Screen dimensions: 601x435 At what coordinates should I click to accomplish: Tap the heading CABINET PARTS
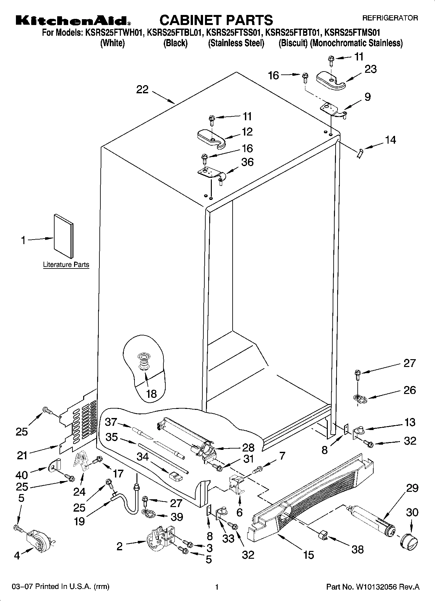pos(216,20)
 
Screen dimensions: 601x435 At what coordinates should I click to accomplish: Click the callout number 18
pos(151,394)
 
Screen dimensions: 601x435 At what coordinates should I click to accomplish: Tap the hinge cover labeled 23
pos(330,81)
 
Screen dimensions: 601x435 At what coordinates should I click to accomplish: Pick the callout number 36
pos(248,162)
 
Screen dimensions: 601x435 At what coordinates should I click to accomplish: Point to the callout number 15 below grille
pos(308,555)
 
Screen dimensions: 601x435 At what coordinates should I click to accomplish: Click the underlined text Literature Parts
pos(66,265)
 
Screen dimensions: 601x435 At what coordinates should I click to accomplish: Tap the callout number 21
pos(22,456)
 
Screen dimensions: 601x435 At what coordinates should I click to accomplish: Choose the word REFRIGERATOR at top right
pos(390,18)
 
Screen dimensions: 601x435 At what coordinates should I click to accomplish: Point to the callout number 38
pos(358,549)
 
